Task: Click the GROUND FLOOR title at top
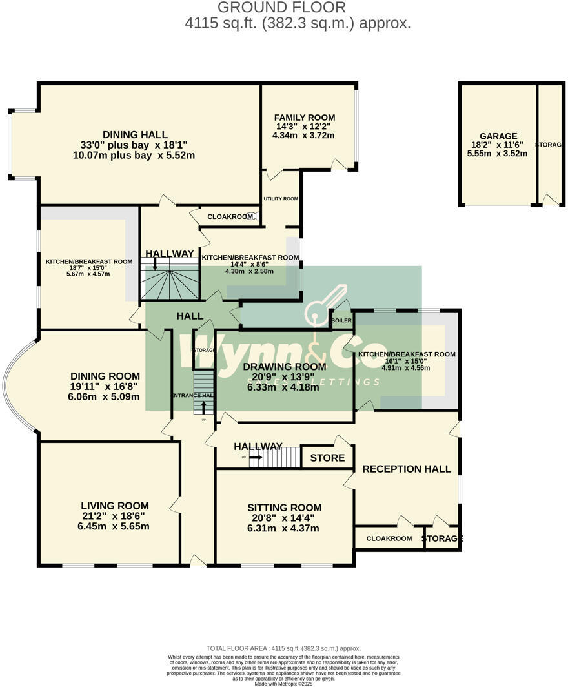coord(281,8)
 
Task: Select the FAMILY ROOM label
coord(303,117)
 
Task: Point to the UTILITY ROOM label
coord(280,198)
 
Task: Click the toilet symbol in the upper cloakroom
coord(257,216)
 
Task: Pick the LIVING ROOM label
coord(115,506)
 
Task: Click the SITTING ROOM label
coord(284,508)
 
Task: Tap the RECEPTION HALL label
coord(407,469)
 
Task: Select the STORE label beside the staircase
coord(327,458)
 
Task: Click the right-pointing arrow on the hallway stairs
coord(255,457)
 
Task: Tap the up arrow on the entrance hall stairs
coord(204,407)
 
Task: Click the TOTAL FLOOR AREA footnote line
coord(283,648)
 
